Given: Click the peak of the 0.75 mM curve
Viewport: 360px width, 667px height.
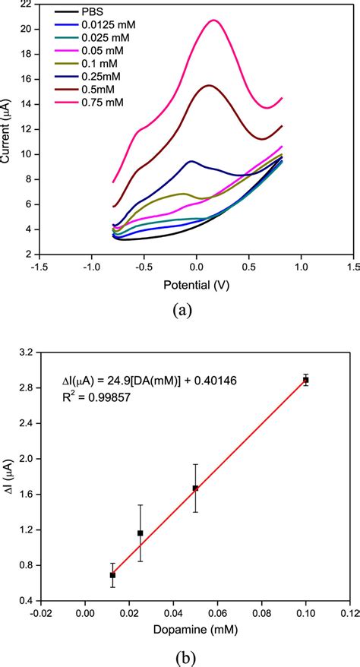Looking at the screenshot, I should coord(213,21).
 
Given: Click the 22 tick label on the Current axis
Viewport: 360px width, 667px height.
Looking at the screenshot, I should coord(25,5).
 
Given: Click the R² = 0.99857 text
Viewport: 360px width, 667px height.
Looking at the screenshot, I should coord(96,396).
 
